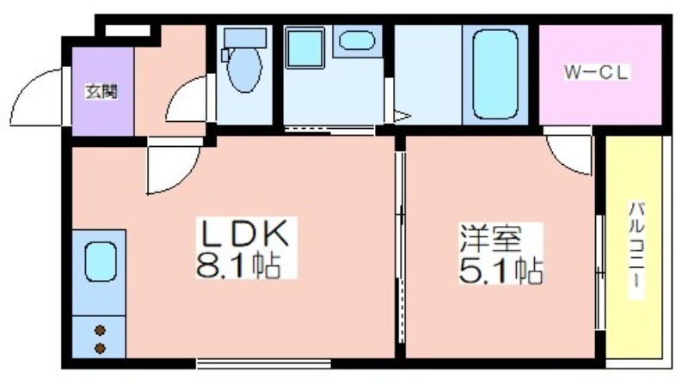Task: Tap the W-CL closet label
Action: coord(597,72)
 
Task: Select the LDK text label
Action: coord(245,233)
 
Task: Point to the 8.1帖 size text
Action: coord(238,264)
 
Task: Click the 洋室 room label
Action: coord(490,238)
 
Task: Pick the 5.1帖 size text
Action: coord(501,270)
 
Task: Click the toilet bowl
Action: coord(244,70)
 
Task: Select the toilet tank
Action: coord(245,38)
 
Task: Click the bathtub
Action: coord(495,74)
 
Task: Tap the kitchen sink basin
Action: coord(101,262)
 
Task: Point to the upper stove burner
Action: coord(100,330)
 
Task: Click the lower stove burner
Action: coord(100,349)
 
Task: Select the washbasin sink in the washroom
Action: coord(357,40)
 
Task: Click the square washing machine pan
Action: coord(305,48)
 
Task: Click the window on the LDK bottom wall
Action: coord(263,363)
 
